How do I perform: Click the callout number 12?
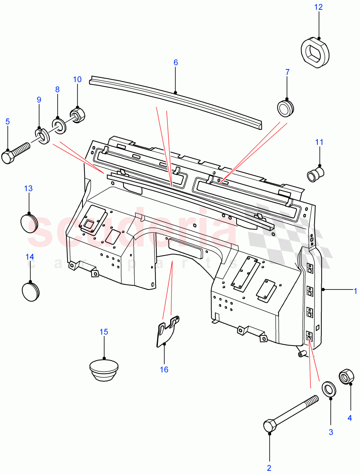point(318,7)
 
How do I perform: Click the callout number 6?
point(176,62)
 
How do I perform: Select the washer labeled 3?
point(329,389)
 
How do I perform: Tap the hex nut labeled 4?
point(346,377)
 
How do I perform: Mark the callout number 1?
point(355,291)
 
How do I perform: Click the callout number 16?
point(164,370)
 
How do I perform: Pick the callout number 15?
point(103,332)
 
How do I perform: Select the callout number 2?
point(269,468)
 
